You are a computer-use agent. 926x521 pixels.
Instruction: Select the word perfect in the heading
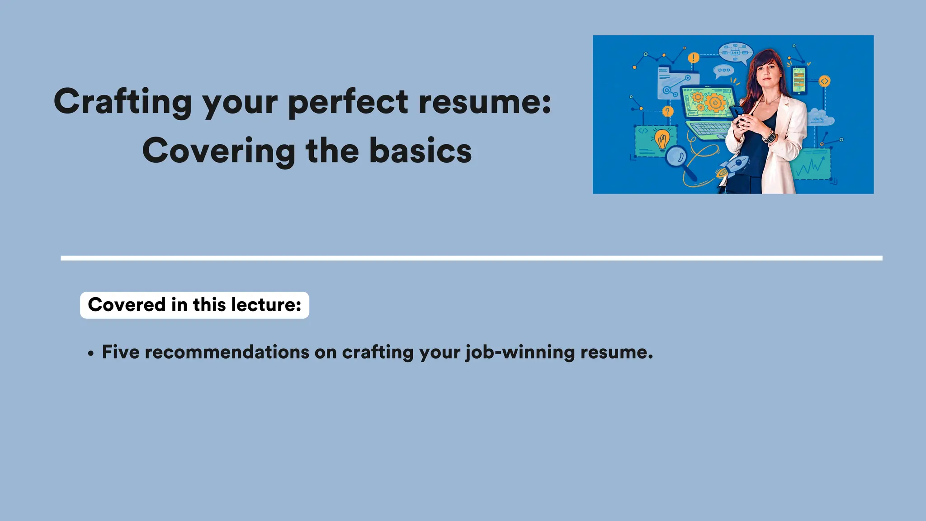pyautogui.click(x=348, y=102)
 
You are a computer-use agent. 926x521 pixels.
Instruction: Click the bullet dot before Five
pyautogui.click(x=91, y=354)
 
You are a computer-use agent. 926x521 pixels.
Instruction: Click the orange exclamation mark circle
pyautogui.click(x=693, y=58)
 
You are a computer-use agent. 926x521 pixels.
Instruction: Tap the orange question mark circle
pyautogui.click(x=667, y=111)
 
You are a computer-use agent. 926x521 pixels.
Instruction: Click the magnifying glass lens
pyautogui.click(x=676, y=156)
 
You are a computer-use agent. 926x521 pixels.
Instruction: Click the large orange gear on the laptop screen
pyautogui.click(x=715, y=103)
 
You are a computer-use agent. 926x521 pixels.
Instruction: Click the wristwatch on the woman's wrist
pyautogui.click(x=770, y=136)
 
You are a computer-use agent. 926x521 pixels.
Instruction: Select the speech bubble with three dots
pyautogui.click(x=723, y=71)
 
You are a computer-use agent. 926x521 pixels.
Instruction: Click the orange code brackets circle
pyautogui.click(x=825, y=81)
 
